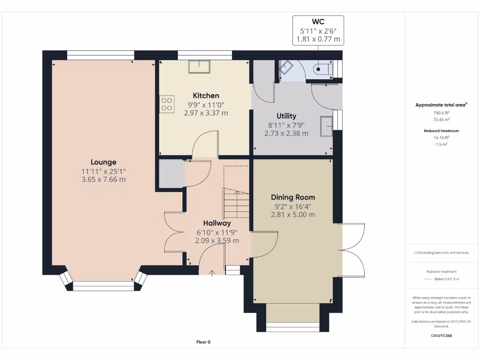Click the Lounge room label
[104, 162]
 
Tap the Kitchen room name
[206, 96]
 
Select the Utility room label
[286, 116]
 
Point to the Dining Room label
[293, 197]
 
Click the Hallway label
[217, 223]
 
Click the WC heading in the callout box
[318, 22]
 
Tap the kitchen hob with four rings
[167, 104]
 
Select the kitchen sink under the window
[199, 67]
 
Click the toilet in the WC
[323, 69]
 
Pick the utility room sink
[326, 126]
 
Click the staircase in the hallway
[236, 203]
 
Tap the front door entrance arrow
[212, 273]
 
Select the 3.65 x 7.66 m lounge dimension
[104, 180]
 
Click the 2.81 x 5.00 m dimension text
[293, 215]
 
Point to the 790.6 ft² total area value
[442, 112]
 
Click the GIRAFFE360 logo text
[442, 336]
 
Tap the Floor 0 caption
[203, 342]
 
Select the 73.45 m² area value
[442, 120]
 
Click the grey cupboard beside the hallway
[172, 173]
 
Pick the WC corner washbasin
[286, 67]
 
